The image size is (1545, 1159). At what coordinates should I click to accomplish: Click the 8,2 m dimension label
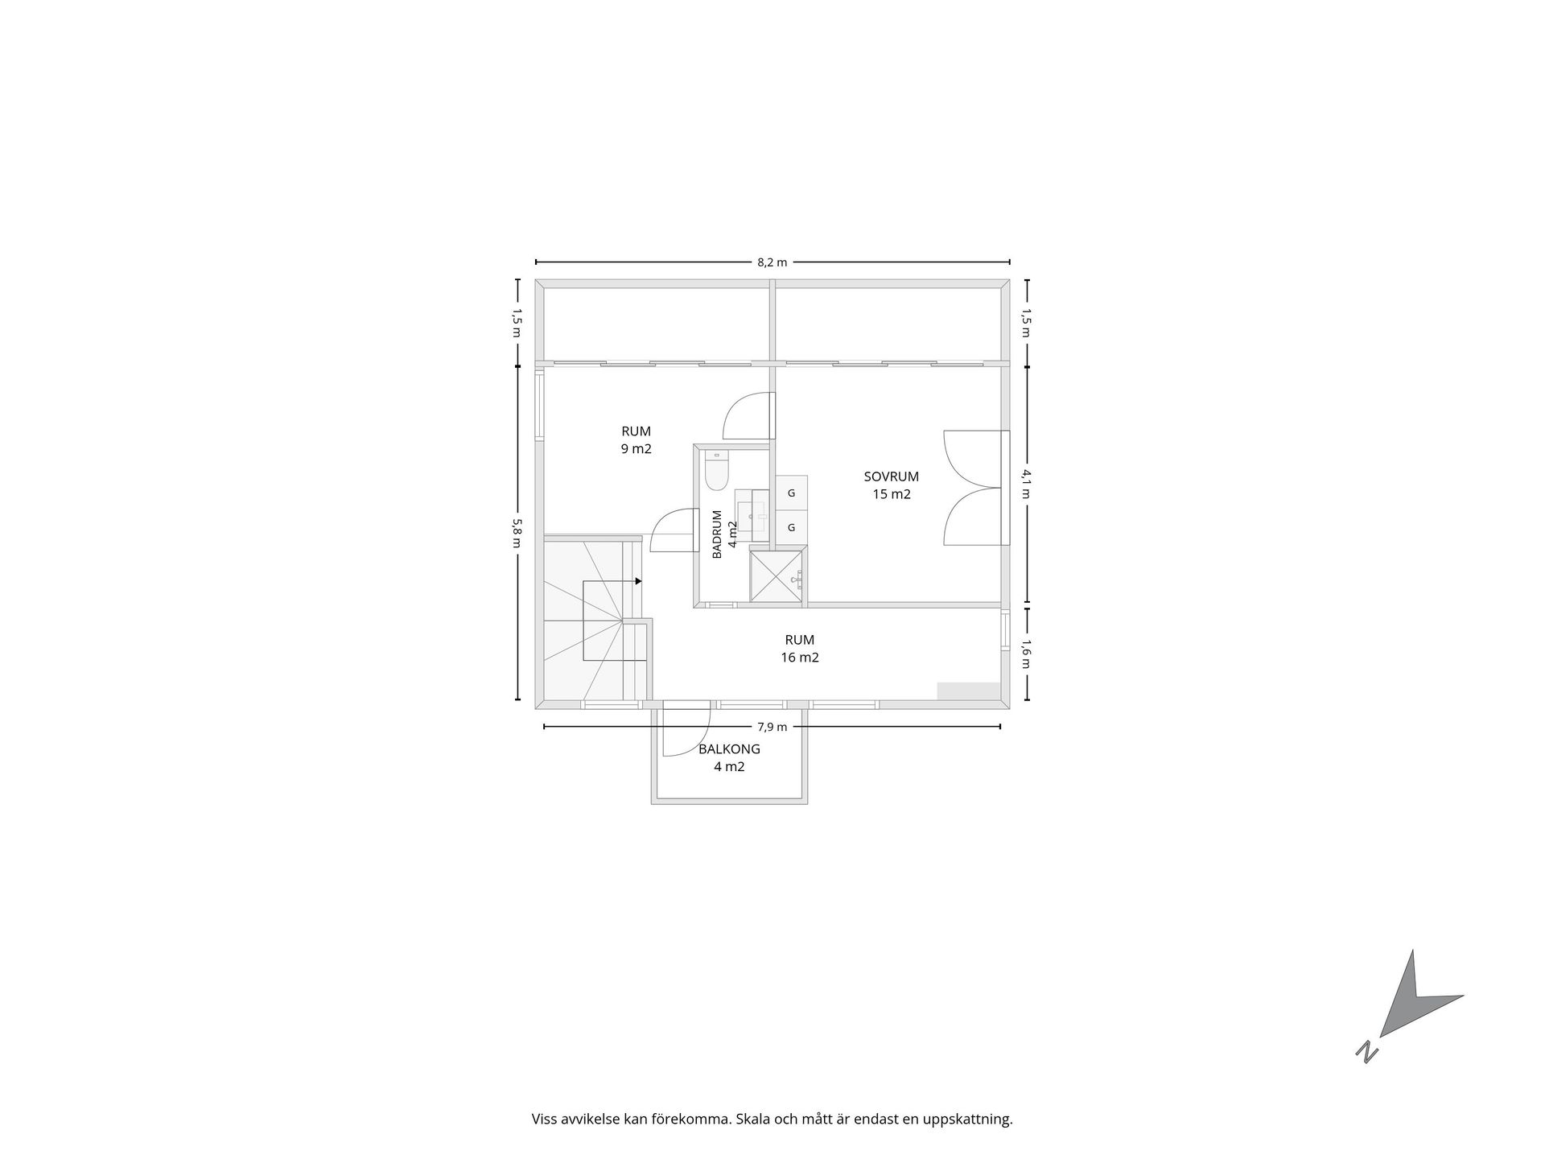[772, 262]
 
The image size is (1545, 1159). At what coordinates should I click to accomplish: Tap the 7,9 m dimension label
[772, 727]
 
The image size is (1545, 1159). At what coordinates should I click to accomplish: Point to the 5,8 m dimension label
[517, 533]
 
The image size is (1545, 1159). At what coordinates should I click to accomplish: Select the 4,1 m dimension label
[1026, 484]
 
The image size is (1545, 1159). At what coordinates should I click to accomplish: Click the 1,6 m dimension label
[1026, 654]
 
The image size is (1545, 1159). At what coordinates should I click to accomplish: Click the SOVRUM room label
[892, 476]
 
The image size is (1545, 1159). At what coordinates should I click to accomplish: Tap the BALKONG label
[729, 749]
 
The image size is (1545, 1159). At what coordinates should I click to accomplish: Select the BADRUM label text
[717, 534]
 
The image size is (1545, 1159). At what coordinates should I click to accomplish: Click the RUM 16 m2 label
[800, 649]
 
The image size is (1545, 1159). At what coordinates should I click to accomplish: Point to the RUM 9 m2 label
[636, 440]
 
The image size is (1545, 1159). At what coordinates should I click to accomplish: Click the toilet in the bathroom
[716, 471]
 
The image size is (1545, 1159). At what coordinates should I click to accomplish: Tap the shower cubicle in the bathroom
[777, 575]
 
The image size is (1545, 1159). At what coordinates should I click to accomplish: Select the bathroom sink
[752, 515]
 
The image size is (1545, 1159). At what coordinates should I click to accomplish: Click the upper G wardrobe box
[792, 493]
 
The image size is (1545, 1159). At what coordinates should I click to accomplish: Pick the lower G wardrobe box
[792, 527]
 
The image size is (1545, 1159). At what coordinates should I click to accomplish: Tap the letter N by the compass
[1366, 1052]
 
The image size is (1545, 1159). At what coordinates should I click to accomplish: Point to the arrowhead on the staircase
[638, 581]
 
